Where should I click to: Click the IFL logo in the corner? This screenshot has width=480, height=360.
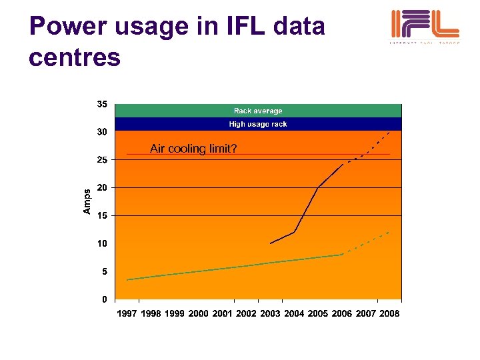point(424,27)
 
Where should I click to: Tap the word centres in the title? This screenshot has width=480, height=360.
point(75,57)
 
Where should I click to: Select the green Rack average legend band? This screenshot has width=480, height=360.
point(258,111)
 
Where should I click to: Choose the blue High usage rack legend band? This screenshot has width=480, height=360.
point(258,124)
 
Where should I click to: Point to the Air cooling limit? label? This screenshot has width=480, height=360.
point(193,149)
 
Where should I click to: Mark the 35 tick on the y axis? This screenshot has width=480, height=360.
point(102,105)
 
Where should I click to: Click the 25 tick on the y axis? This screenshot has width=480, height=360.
point(102,160)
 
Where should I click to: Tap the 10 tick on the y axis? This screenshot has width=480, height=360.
point(102,244)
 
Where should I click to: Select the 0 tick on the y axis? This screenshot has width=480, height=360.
point(105,299)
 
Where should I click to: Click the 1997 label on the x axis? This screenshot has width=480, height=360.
point(127,313)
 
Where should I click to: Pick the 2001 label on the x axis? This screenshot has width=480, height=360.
point(223,313)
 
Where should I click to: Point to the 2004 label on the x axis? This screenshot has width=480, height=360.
point(294,313)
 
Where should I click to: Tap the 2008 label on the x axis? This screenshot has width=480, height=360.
point(389,313)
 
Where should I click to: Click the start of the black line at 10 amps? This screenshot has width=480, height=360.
point(271,243)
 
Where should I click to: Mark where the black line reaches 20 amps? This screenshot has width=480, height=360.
point(318,188)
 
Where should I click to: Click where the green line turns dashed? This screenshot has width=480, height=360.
point(342,255)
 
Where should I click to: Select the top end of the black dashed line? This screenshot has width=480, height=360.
point(390,132)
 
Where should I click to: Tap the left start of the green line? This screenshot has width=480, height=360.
point(127,279)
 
